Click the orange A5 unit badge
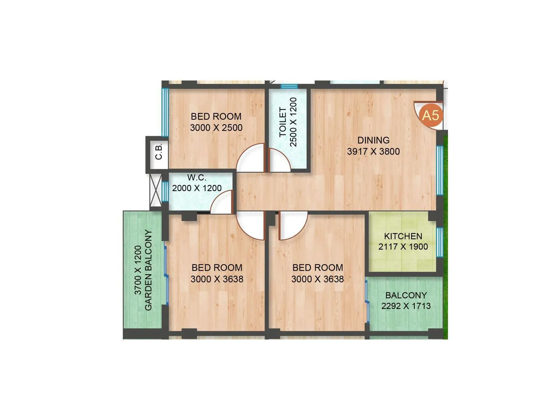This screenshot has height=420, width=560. tap(430, 115)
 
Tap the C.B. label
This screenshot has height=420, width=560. tap(159, 151)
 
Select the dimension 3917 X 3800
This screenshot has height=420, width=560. tap(373, 152)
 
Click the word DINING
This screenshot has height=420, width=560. tap(373, 140)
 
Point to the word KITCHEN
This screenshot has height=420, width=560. tap(403, 236)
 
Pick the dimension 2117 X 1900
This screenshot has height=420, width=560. tap(403, 247)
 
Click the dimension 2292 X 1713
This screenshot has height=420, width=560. tap(406, 306)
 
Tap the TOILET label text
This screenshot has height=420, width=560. tap(283, 122)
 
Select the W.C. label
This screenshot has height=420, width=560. tap(196, 178)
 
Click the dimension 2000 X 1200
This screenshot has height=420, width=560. tap(197, 188)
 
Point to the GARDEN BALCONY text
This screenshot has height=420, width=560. tap(148, 270)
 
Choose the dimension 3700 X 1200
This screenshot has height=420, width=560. tap(138, 270)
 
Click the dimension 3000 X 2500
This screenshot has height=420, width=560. tap(216, 128)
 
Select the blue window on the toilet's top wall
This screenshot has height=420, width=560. tap(289, 86)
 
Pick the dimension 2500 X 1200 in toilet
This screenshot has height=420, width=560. tap(293, 122)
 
